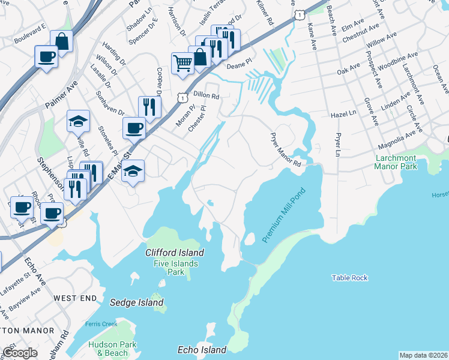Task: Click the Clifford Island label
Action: click(x=174, y=253)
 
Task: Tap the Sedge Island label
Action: click(x=137, y=302)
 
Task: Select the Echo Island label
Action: click(x=202, y=350)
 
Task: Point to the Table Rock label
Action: click(x=349, y=278)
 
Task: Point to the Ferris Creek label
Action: click(x=101, y=325)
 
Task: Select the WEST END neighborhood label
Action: click(x=74, y=298)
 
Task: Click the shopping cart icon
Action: click(x=182, y=62)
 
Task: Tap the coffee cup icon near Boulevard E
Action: click(x=47, y=57)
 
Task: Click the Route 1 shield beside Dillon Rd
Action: click(x=182, y=97)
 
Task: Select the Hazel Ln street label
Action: click(x=344, y=113)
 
